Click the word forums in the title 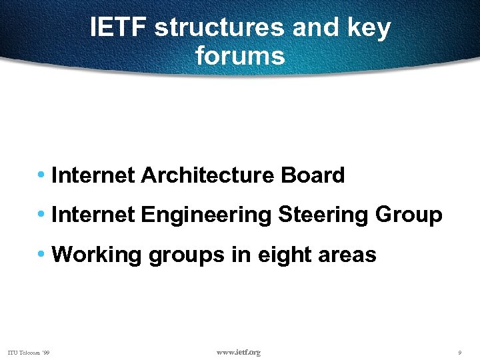pos(240,55)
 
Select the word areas pos(347,255)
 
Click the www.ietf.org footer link pos(239,352)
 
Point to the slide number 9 pos(460,352)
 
